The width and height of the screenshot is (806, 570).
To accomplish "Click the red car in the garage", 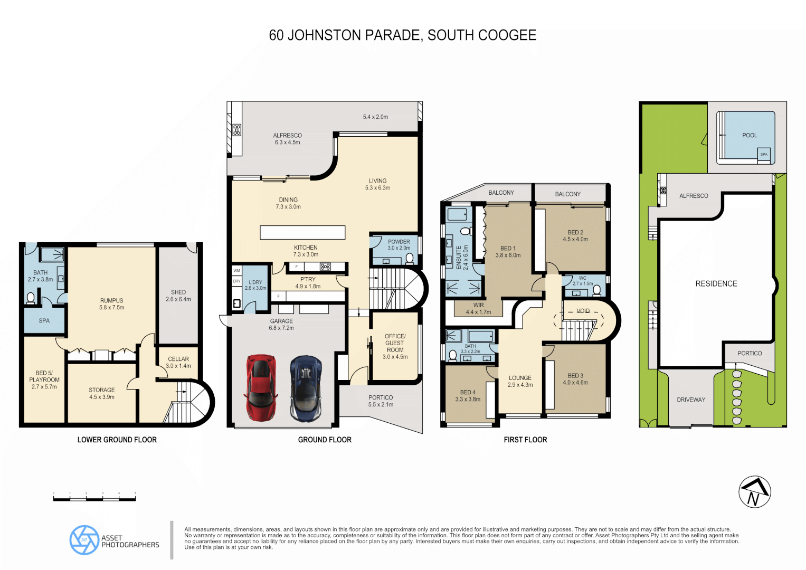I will pos(261,388).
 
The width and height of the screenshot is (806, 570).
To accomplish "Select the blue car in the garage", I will pos(306,388).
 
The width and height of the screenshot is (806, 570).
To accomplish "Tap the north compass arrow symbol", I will pos(754,492).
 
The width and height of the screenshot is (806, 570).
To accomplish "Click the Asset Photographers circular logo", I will pos(84,540).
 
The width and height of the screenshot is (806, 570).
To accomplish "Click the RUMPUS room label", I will pos(111,300).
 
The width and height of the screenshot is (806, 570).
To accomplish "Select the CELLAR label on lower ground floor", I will pos(178,359).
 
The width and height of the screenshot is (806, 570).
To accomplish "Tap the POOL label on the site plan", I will pos(750,136).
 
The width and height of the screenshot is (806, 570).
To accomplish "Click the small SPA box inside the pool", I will pos(764,154).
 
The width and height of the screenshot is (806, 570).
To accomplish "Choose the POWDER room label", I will pos(399,242).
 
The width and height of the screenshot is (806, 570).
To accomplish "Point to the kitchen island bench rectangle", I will pos(302,232).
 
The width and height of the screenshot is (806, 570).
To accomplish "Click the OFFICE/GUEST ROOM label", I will pos(395,343).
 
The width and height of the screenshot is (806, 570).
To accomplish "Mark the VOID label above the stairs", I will pos(583,311).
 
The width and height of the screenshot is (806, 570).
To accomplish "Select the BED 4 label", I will pos(468,392).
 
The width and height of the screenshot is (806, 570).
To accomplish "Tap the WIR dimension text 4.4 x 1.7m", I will pos(478,312).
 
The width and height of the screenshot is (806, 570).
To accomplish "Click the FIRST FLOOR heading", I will pos(525,440).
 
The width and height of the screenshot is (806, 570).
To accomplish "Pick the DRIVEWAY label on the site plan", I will pos(691,400).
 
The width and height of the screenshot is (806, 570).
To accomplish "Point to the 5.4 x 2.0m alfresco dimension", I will pos(375,117).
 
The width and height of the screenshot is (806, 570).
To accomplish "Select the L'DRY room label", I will pos(255,282).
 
